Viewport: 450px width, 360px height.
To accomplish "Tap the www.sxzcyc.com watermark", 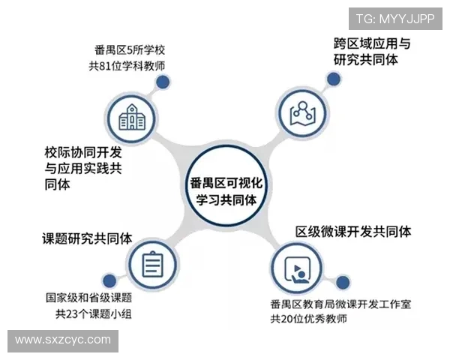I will point(63,340).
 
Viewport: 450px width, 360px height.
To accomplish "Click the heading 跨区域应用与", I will point(372,42).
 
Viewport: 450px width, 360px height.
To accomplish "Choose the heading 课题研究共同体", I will point(87,238).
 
